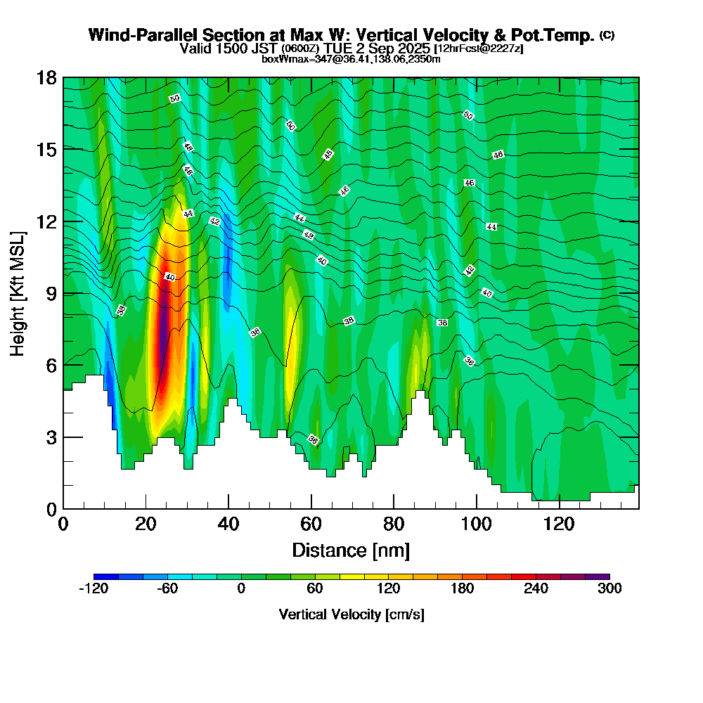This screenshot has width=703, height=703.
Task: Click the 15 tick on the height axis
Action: pyautogui.click(x=47, y=150)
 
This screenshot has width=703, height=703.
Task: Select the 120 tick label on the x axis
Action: pyautogui.click(x=559, y=524)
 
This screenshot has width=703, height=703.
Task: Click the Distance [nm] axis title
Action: pyautogui.click(x=351, y=550)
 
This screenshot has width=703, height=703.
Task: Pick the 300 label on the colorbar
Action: pyautogui.click(x=610, y=589)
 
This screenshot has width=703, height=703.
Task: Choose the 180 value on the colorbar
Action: pyautogui.click(x=462, y=589)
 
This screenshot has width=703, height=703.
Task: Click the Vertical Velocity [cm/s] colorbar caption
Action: pyautogui.click(x=351, y=615)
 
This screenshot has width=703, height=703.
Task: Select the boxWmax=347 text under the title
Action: pyautogui.click(x=288, y=59)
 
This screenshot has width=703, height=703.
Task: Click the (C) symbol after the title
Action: pyautogui.click(x=607, y=35)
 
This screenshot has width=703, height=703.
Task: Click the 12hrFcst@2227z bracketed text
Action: pyautogui.click(x=479, y=49)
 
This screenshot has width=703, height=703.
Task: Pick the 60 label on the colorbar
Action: pyautogui.click(x=314, y=589)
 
